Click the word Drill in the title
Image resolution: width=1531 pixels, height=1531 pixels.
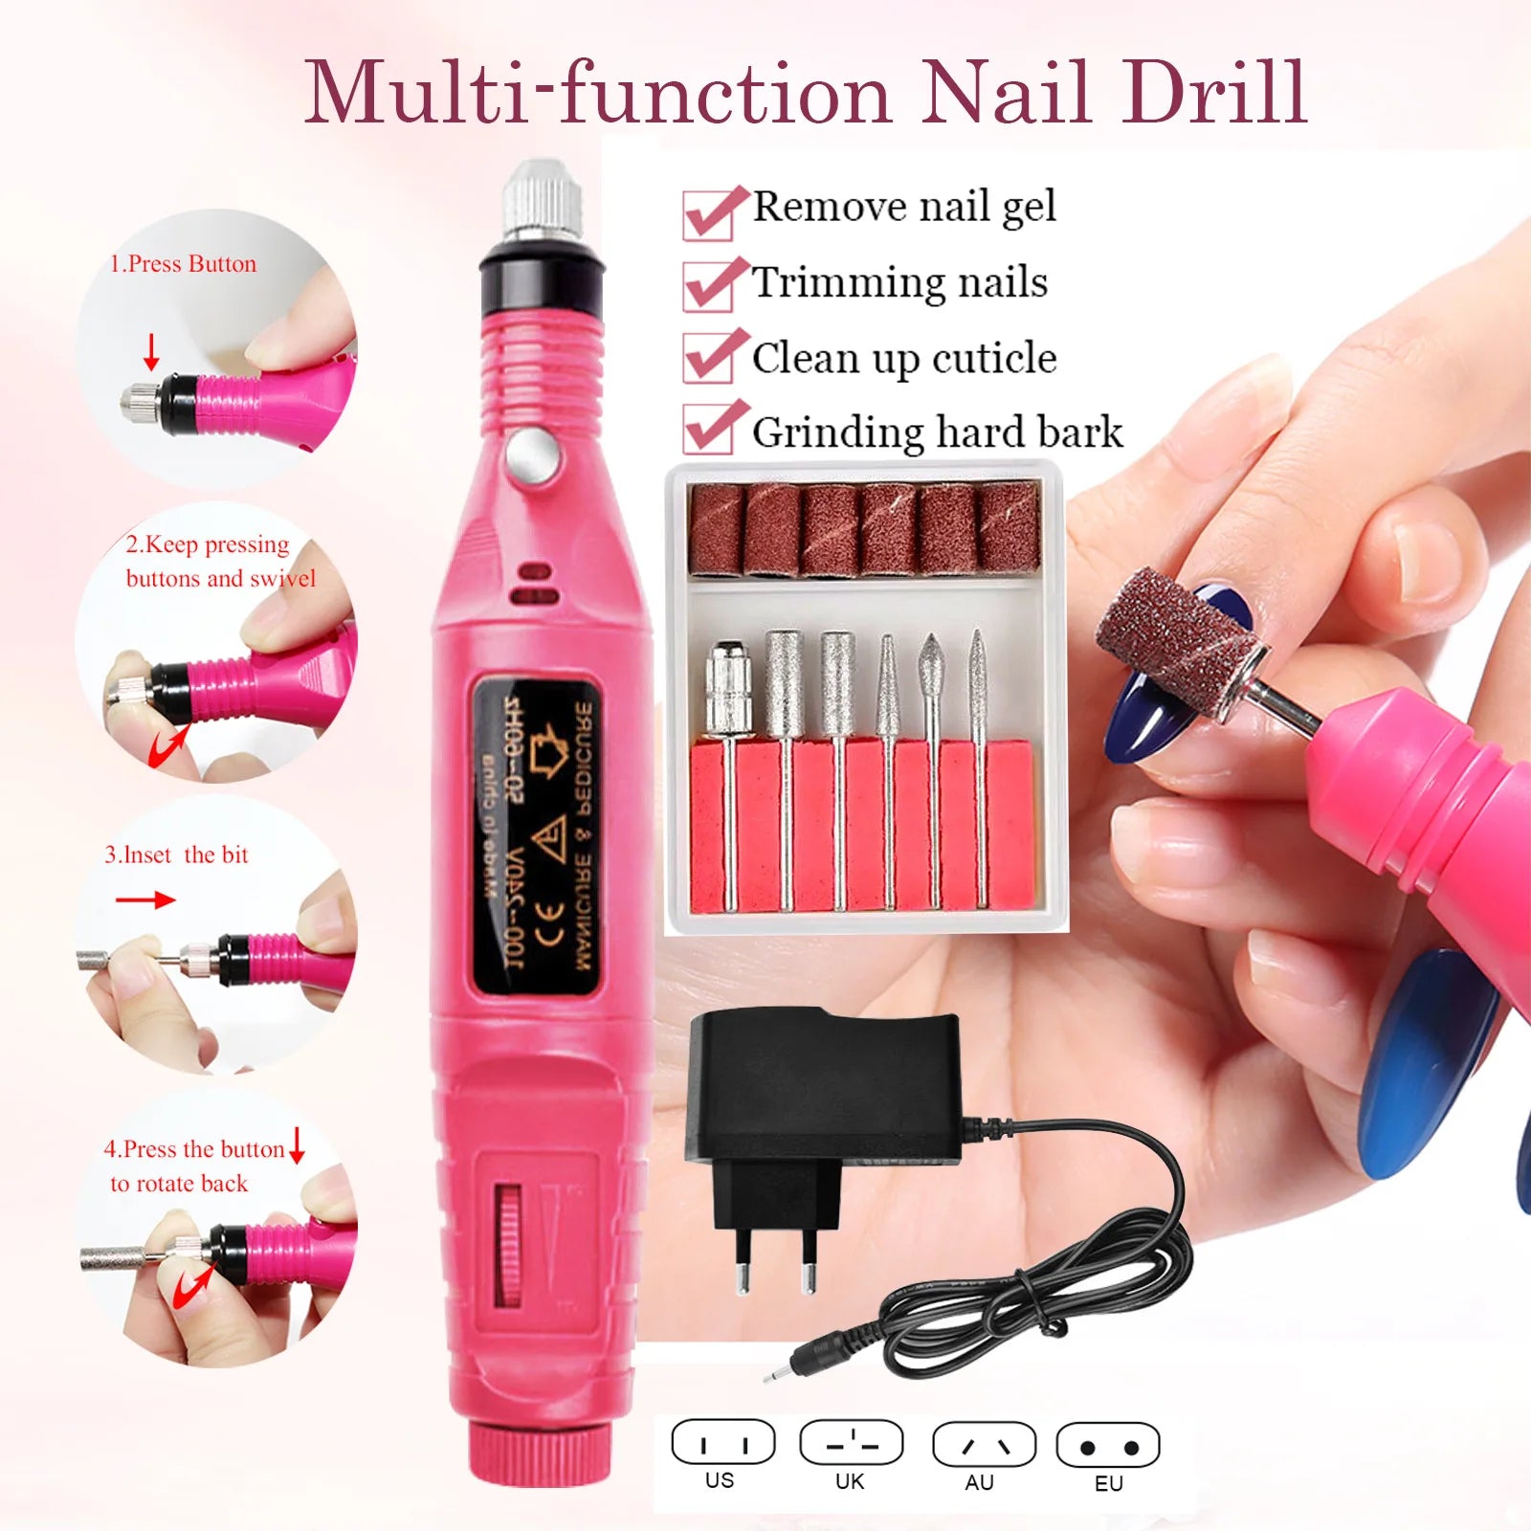[1215, 93]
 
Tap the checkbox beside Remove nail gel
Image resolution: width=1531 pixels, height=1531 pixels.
[708, 214]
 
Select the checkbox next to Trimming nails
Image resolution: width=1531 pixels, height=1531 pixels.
[708, 287]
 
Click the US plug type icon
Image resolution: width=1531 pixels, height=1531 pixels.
[722, 1443]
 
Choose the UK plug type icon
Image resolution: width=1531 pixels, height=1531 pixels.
[851, 1443]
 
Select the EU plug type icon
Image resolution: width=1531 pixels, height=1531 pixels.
[1108, 1446]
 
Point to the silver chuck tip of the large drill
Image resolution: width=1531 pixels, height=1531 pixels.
[543, 201]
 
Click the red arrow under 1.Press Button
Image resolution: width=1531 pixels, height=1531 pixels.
[151, 351]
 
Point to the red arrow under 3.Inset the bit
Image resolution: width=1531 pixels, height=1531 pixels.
[145, 899]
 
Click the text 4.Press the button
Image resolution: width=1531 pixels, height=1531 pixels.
[194, 1148]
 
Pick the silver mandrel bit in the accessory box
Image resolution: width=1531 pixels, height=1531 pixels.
[728, 689]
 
